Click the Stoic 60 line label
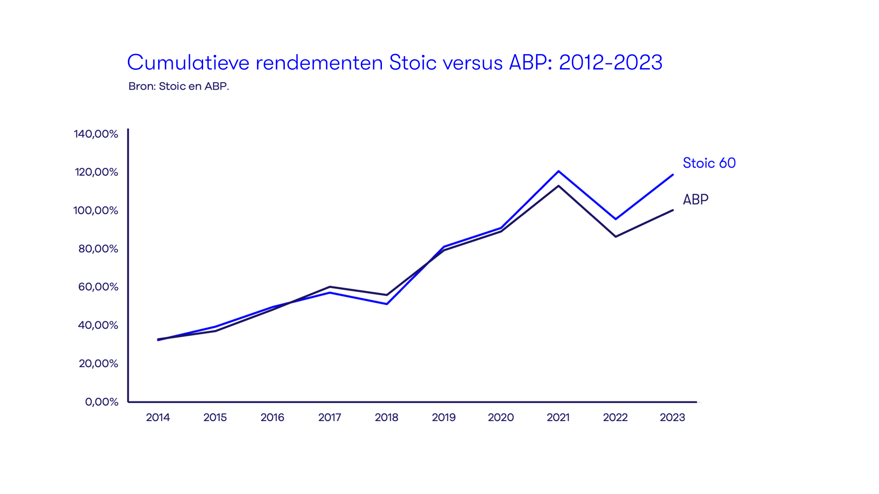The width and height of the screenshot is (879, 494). [709, 163]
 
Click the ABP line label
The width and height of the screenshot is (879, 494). [695, 199]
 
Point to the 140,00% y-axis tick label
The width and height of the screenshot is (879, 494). [96, 134]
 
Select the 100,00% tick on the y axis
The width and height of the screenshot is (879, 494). [95, 210]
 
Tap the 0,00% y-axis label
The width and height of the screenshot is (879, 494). [102, 402]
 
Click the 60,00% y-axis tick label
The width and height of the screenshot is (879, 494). [98, 287]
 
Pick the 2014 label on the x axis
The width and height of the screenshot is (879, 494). [158, 417]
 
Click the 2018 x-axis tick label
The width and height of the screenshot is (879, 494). [386, 417]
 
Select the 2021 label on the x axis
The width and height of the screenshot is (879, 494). [558, 417]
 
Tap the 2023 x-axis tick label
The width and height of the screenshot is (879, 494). [672, 417]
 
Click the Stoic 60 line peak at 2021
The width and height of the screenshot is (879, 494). [559, 171]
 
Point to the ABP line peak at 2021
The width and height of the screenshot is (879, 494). [559, 186]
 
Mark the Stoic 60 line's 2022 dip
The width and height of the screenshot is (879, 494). [616, 219]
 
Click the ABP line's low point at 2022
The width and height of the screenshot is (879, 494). [616, 237]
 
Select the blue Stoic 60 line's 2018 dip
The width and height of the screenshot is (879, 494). [387, 304]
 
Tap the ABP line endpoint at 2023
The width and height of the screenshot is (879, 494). [672, 210]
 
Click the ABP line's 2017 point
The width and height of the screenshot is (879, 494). [330, 287]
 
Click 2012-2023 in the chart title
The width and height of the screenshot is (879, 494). [610, 62]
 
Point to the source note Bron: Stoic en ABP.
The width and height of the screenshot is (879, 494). [178, 86]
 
